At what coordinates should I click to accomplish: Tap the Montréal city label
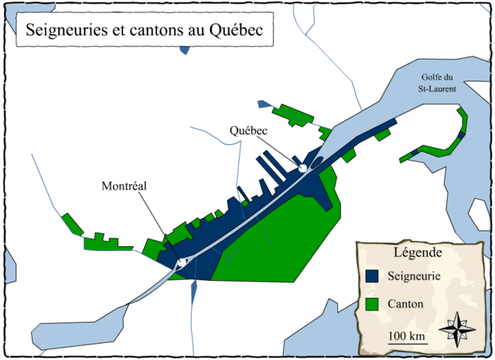click(125, 186)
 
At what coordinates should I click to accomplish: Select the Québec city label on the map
click(248, 131)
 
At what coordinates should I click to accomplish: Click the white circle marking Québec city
click(303, 167)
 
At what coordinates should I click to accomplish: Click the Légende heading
click(418, 252)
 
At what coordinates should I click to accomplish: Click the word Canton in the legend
click(408, 304)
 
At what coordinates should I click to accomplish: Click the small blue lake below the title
click(183, 50)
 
